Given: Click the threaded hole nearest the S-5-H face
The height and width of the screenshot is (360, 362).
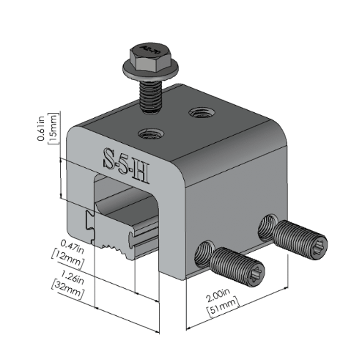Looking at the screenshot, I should point(150,133).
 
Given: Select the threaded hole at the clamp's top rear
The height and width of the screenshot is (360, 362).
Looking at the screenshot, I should point(200,112).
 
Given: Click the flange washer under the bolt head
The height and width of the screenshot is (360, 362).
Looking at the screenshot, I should point(145,69).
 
